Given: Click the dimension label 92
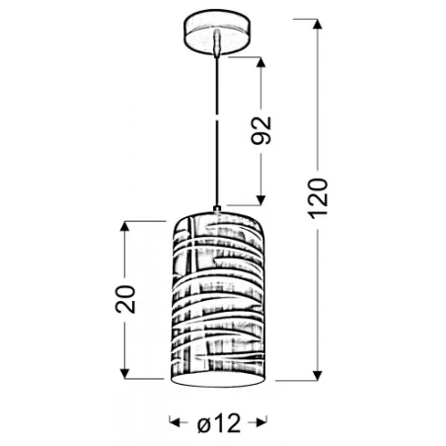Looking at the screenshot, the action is (x=261, y=130).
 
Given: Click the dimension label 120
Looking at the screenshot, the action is (x=318, y=198).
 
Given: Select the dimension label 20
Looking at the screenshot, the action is (x=125, y=299).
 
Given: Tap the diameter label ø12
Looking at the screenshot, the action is (x=219, y=423).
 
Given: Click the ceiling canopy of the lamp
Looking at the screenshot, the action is (x=216, y=32).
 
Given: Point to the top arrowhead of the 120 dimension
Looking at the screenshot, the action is (x=317, y=25).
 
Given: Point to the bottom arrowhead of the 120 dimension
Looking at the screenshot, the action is (x=317, y=375).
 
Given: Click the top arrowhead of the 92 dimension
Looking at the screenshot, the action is (x=260, y=63).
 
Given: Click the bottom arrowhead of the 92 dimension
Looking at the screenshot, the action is (x=260, y=200).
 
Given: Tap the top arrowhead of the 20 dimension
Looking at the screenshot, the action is (x=124, y=227).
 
